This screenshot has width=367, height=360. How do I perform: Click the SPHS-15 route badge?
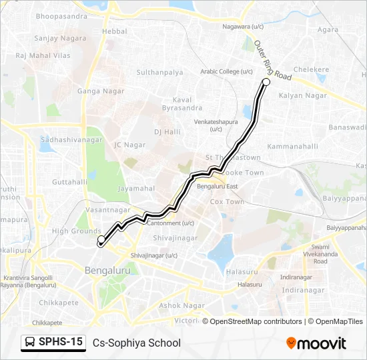(53, 342)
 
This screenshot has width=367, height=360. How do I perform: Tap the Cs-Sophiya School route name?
(137, 343)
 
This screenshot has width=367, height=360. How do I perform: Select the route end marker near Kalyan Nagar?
(266, 82)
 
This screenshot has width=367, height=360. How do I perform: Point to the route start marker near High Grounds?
(101, 239)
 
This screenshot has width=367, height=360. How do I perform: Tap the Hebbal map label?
(115, 31)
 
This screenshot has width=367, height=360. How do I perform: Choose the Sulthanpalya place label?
(159, 71)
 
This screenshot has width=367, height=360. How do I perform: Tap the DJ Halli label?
(167, 132)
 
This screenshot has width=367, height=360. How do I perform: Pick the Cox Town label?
(227, 201)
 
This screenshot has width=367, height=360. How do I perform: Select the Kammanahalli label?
(292, 145)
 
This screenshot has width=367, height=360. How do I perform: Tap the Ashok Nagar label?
(181, 305)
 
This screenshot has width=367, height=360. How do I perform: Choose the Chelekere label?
(312, 69)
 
